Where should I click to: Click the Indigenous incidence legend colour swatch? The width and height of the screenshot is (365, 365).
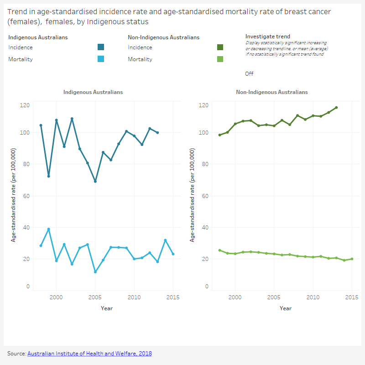click(x=101, y=47)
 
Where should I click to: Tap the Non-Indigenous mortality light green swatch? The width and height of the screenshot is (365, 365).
click(x=220, y=59)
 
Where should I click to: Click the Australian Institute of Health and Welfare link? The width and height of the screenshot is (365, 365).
click(x=89, y=354)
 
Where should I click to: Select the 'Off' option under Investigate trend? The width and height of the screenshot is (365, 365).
click(x=249, y=74)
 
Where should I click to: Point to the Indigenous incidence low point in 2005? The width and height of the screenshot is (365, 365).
click(x=95, y=181)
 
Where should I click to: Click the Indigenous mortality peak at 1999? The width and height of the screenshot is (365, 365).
click(x=49, y=229)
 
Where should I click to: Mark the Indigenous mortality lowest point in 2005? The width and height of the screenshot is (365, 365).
click(x=95, y=272)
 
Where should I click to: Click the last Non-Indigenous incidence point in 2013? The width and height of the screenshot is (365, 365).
click(x=336, y=108)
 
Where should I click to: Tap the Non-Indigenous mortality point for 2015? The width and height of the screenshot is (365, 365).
click(x=352, y=259)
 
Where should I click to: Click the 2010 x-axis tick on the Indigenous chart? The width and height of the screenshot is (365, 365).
click(x=134, y=297)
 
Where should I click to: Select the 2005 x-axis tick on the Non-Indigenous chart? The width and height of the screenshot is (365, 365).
click(x=274, y=297)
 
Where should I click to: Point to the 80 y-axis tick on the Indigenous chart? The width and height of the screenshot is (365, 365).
click(x=26, y=164)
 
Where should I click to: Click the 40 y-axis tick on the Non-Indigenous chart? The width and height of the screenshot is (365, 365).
click(x=205, y=227)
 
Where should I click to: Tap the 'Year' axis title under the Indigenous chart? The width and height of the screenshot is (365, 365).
click(x=107, y=308)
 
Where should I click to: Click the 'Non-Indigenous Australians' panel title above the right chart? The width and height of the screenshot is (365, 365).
click(x=271, y=92)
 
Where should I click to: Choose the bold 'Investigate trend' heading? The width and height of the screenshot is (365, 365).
click(x=267, y=36)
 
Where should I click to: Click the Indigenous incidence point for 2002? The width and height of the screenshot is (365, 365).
click(x=72, y=119)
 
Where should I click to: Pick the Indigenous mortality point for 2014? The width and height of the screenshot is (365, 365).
click(x=165, y=240)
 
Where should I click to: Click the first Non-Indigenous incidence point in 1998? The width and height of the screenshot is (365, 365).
click(x=219, y=135)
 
